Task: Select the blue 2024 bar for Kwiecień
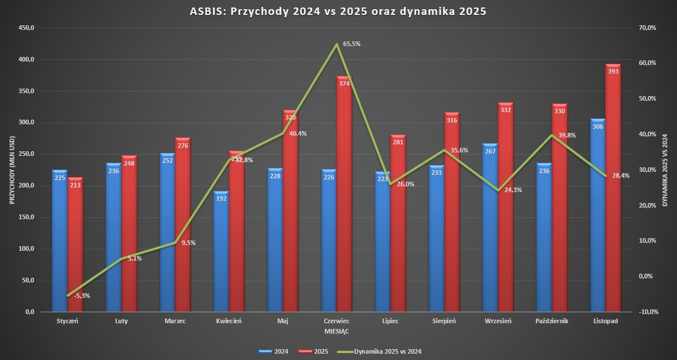[221, 253]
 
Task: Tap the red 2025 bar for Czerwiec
[344, 196]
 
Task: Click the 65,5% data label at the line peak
[352, 44]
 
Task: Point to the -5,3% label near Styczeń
[82, 296]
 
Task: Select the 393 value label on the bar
[613, 71]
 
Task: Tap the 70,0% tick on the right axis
[647, 28]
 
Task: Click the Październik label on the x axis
[552, 321]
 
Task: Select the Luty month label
[121, 321]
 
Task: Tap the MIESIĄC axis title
[337, 332]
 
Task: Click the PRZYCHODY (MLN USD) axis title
[11, 170]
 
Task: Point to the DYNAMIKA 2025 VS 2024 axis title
[666, 170]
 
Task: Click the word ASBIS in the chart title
[208, 11]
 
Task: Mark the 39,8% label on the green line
[567, 135]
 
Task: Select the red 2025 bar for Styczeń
[75, 247]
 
